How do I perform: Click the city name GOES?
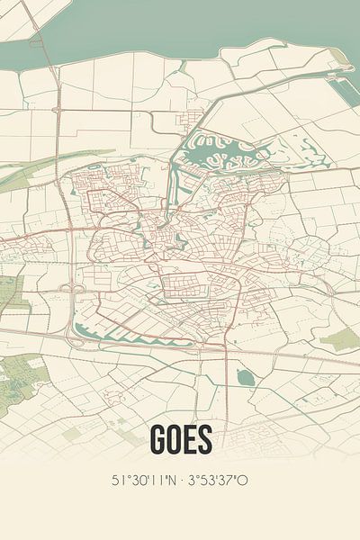180,440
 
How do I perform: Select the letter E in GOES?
189,440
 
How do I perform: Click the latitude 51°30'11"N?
142,480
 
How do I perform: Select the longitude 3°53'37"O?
217,480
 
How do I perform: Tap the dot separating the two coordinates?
180,480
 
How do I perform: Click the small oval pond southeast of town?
245,377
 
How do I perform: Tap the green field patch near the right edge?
341,339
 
